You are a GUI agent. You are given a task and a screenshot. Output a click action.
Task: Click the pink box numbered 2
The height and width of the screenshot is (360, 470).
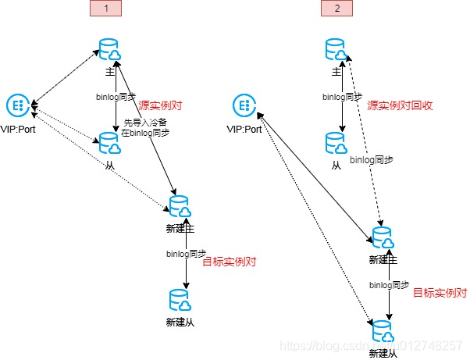pos(336,9)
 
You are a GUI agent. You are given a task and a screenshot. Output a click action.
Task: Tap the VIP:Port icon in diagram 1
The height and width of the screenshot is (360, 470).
pos(17,105)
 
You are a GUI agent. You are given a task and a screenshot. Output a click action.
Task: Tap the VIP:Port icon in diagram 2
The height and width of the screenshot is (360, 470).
pos(244,105)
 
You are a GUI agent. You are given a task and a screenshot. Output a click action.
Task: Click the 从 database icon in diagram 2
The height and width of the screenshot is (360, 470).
pos(336,143)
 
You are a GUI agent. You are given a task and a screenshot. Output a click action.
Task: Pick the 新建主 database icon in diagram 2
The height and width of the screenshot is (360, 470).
pos(383,237)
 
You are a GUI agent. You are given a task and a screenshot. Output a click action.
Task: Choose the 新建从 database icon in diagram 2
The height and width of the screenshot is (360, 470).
pos(383,331)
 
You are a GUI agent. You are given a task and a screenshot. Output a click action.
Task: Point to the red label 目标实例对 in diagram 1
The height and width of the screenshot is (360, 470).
pos(229,262)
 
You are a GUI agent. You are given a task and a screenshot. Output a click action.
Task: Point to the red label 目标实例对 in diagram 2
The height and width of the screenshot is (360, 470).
pos(440,293)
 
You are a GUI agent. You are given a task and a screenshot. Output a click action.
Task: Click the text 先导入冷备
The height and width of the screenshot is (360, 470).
pos(148,123)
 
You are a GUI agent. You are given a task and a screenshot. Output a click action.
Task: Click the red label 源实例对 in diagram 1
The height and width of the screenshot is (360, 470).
pos(159,105)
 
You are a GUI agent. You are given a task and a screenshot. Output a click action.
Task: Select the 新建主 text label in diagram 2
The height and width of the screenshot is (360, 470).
pos(383,259)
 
